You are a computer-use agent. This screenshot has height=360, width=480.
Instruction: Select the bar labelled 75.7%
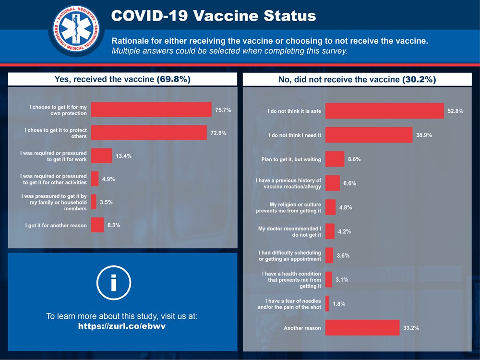[151, 110]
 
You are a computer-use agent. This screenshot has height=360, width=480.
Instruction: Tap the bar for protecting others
[149, 132]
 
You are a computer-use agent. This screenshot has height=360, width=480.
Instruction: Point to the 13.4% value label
[123, 156]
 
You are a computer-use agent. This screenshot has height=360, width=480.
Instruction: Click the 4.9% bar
[95, 179]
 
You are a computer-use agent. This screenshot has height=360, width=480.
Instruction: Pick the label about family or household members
[54, 202]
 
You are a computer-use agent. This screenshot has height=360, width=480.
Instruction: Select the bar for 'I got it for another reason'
[97, 225]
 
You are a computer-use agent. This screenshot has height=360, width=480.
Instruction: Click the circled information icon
[114, 283]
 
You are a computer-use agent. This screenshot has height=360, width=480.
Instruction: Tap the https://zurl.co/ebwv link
[122, 326]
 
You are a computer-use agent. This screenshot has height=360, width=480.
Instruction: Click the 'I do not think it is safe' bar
[384, 111]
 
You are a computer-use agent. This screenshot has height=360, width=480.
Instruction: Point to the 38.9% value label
[424, 135]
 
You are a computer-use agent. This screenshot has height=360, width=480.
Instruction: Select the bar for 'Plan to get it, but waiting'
[335, 159]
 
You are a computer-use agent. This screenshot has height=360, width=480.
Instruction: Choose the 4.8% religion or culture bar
[330, 207]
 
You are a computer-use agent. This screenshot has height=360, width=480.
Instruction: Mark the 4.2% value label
[345, 231]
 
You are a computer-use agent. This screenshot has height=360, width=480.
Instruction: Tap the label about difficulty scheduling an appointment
[289, 256]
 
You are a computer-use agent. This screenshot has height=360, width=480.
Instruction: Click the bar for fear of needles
[327, 304]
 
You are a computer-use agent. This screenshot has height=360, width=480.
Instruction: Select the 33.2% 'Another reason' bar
[362, 328]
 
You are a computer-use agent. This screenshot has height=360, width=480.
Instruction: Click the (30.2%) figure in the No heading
[419, 79]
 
